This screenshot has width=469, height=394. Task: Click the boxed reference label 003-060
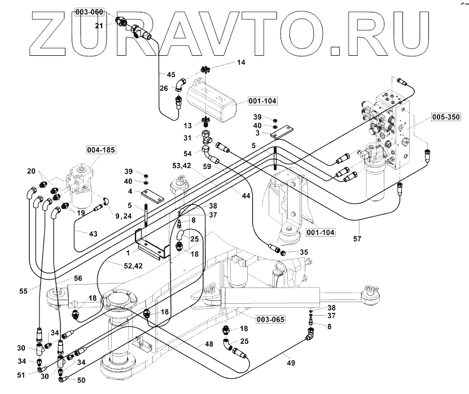coord(90,12)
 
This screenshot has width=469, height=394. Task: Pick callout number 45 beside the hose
coord(170,74)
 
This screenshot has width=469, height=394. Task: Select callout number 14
coord(242,63)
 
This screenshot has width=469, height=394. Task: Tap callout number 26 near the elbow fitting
coord(164,87)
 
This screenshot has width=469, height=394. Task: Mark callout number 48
coord(209,344)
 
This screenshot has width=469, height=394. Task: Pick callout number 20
coord(31,171)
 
